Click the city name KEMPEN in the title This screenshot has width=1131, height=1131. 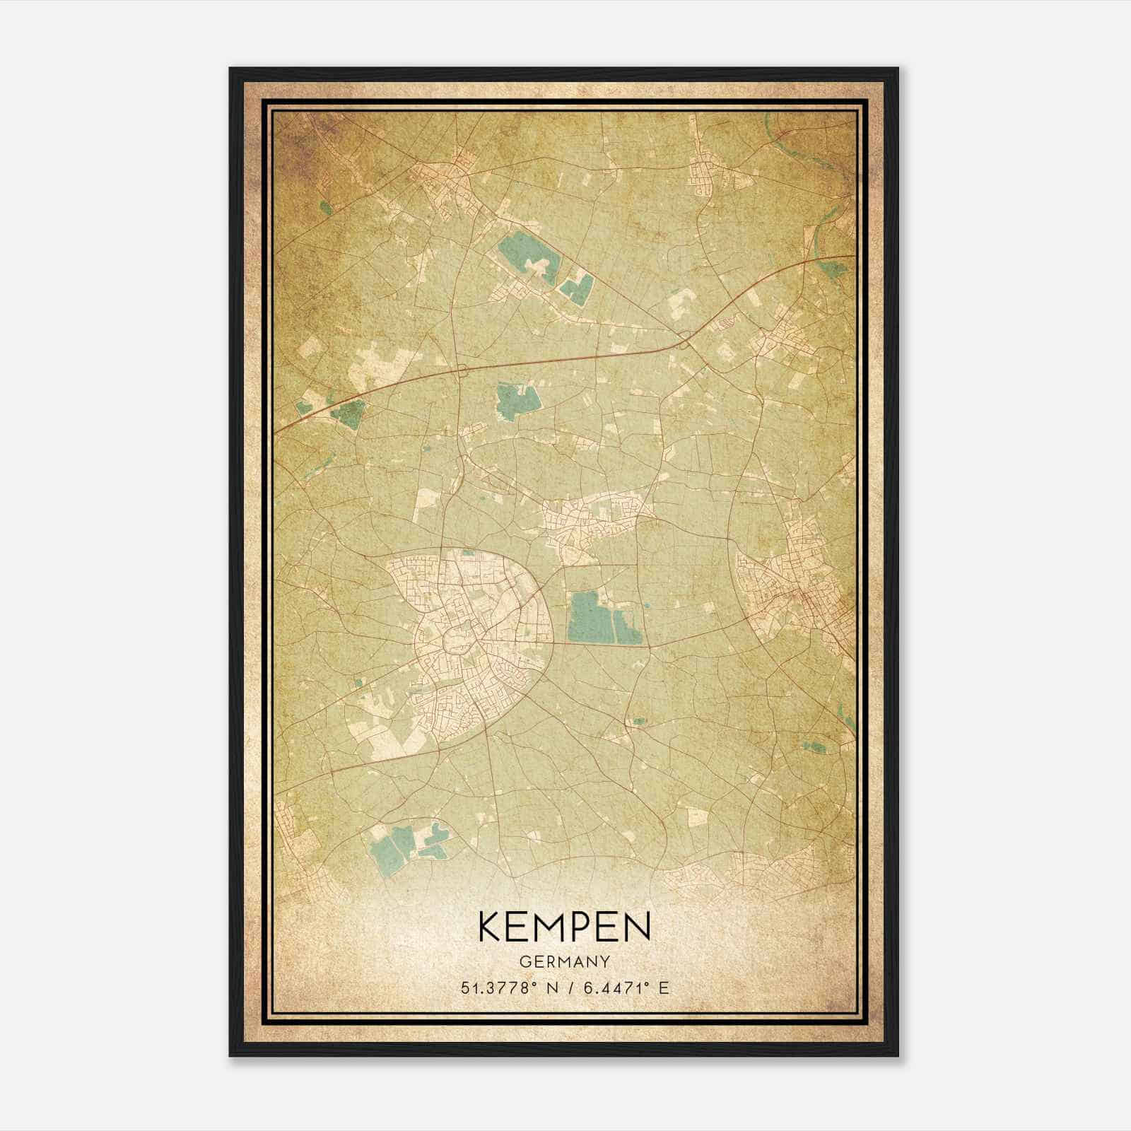[x=565, y=927]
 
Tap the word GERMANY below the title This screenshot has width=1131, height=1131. [x=565, y=961]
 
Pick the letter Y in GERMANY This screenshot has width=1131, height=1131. [x=605, y=961]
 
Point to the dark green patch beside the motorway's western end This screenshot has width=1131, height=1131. [x=348, y=413]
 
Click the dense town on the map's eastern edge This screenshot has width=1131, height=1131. [x=799, y=587]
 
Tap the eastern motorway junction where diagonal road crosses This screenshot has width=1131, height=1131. [x=684, y=344]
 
